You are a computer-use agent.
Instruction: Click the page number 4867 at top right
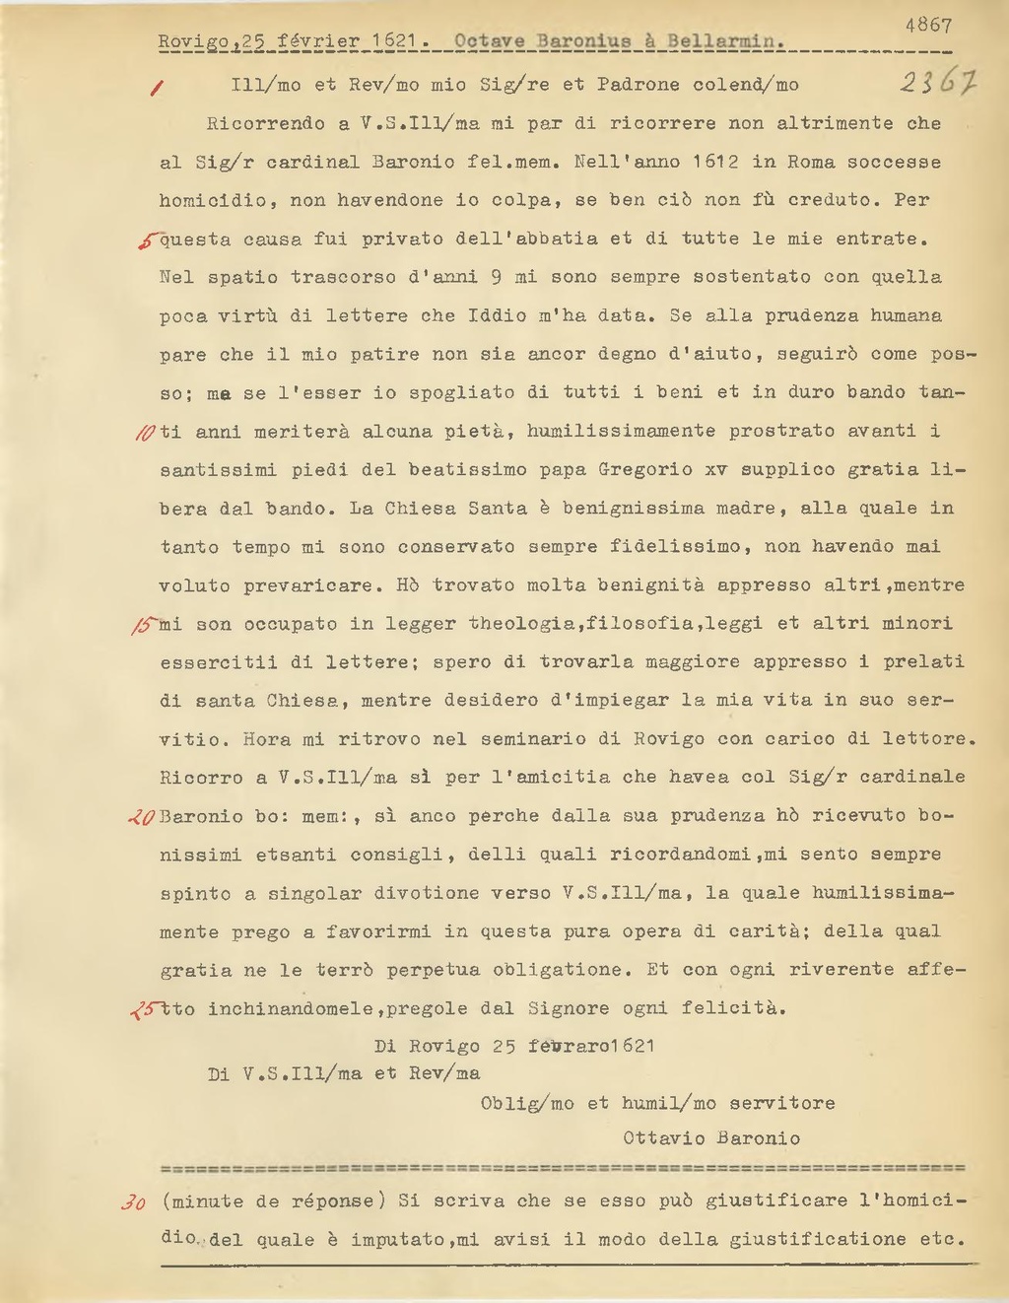927,26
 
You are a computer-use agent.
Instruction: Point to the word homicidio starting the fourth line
212,200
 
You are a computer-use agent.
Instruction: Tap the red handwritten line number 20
142,817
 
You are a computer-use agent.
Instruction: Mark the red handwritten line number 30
134,1202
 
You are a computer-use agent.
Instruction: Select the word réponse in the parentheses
333,1201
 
